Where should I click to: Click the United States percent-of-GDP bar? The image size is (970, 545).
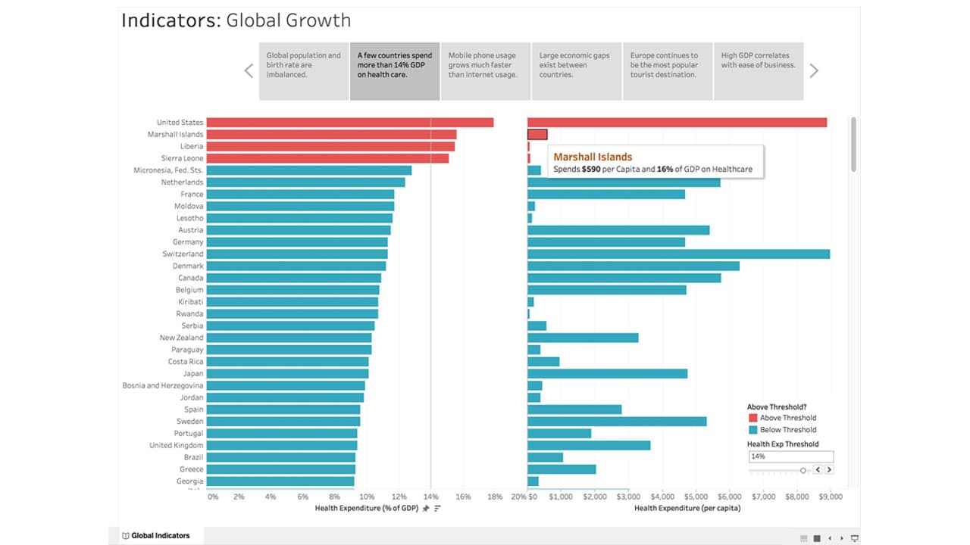pos(349,123)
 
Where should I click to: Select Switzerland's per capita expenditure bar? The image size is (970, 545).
pos(678,254)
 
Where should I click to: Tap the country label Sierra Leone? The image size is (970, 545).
pos(182,158)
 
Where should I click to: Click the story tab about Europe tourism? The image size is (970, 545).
pos(667,71)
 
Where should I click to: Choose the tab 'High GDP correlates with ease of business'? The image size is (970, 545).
pos(758,71)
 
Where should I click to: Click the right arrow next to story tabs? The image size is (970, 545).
pos(814,71)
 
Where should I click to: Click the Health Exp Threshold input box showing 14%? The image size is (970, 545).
pos(790,456)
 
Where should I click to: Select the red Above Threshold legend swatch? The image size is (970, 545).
pos(753,418)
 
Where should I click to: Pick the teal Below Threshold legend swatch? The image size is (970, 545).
pos(753,430)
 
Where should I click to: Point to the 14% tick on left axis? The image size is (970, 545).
pos(430,497)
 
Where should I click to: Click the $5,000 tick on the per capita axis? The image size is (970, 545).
pos(696,497)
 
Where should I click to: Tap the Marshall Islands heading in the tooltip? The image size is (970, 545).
pos(593,157)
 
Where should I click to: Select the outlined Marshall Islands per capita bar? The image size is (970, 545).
pos(537,135)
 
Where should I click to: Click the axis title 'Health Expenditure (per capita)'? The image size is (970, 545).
pos(687,508)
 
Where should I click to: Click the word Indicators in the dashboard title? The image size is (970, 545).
pos(171,20)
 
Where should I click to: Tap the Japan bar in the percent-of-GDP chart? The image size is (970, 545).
pos(287,374)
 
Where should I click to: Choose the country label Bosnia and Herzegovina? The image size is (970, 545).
pos(163,386)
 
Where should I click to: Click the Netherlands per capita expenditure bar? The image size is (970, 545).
pos(624,182)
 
